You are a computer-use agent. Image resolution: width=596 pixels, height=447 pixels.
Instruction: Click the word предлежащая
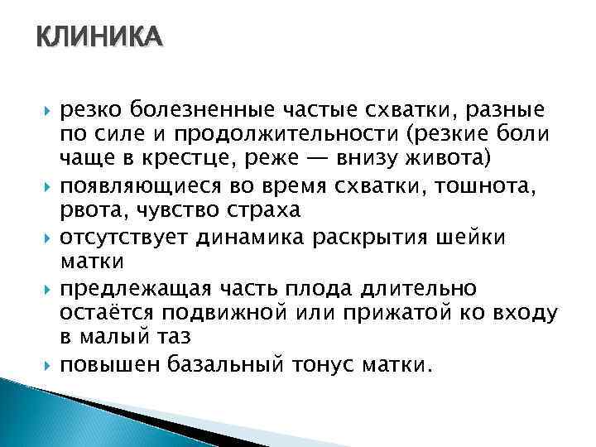pos(127,289)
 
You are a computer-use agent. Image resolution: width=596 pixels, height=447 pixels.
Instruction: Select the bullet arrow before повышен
pos(49,366)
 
